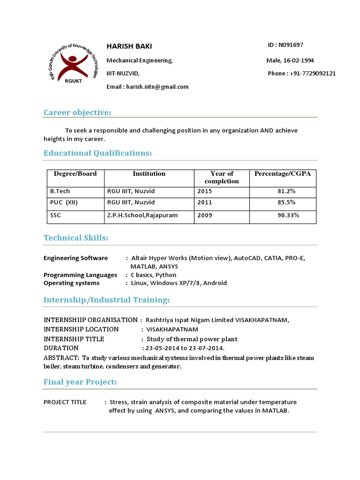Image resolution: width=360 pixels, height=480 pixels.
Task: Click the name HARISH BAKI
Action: click(x=129, y=46)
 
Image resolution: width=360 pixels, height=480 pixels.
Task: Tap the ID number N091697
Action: click(x=291, y=45)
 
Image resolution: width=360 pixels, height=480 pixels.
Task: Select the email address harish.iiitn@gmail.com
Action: click(x=157, y=87)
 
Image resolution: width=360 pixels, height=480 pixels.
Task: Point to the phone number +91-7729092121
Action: click(x=313, y=74)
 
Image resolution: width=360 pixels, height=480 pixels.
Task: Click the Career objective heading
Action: click(x=77, y=112)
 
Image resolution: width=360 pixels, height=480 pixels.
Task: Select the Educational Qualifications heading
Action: click(x=97, y=153)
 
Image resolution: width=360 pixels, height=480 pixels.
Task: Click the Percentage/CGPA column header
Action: click(x=282, y=174)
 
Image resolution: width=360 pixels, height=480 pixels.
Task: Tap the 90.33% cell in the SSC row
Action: click(x=288, y=216)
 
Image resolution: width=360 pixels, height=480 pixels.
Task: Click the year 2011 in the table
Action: click(x=205, y=203)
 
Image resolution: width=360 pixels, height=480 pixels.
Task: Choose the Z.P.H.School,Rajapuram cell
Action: click(x=142, y=216)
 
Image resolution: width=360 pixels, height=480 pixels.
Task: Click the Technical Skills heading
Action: click(x=75, y=238)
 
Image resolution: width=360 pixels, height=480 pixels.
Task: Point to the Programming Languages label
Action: click(x=80, y=275)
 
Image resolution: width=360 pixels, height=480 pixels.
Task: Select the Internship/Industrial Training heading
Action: click(x=106, y=300)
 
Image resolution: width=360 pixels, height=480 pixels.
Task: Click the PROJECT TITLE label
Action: click(x=65, y=402)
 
